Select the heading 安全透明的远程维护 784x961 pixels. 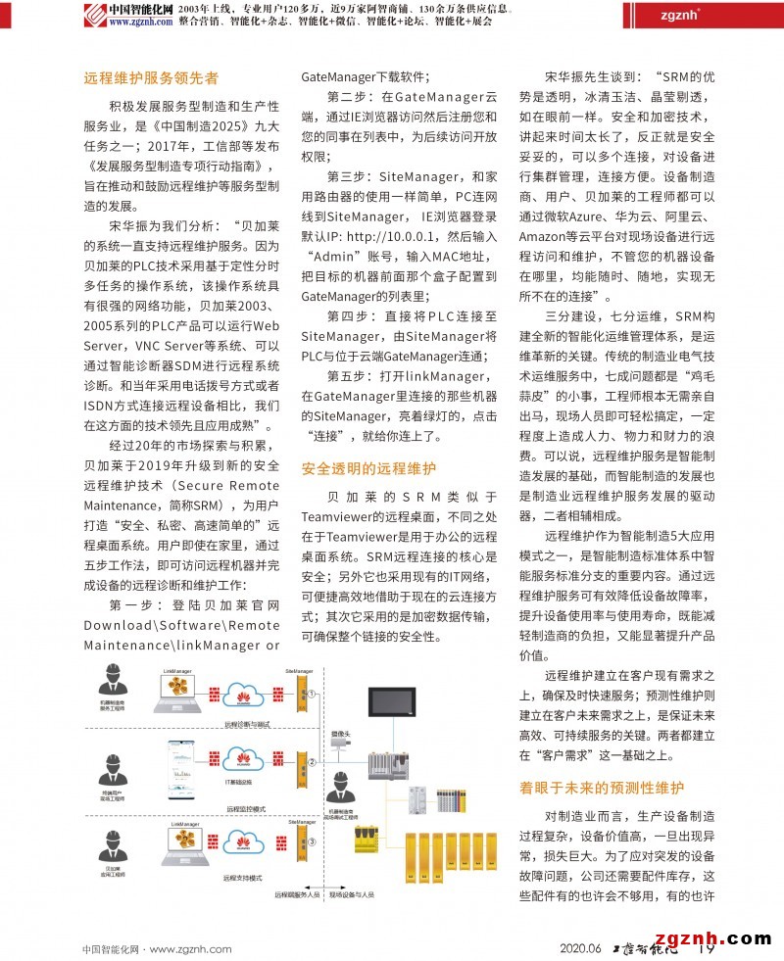click(368, 468)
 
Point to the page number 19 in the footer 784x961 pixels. click(703, 948)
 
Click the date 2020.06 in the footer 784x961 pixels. click(580, 948)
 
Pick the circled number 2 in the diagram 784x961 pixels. click(312, 761)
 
